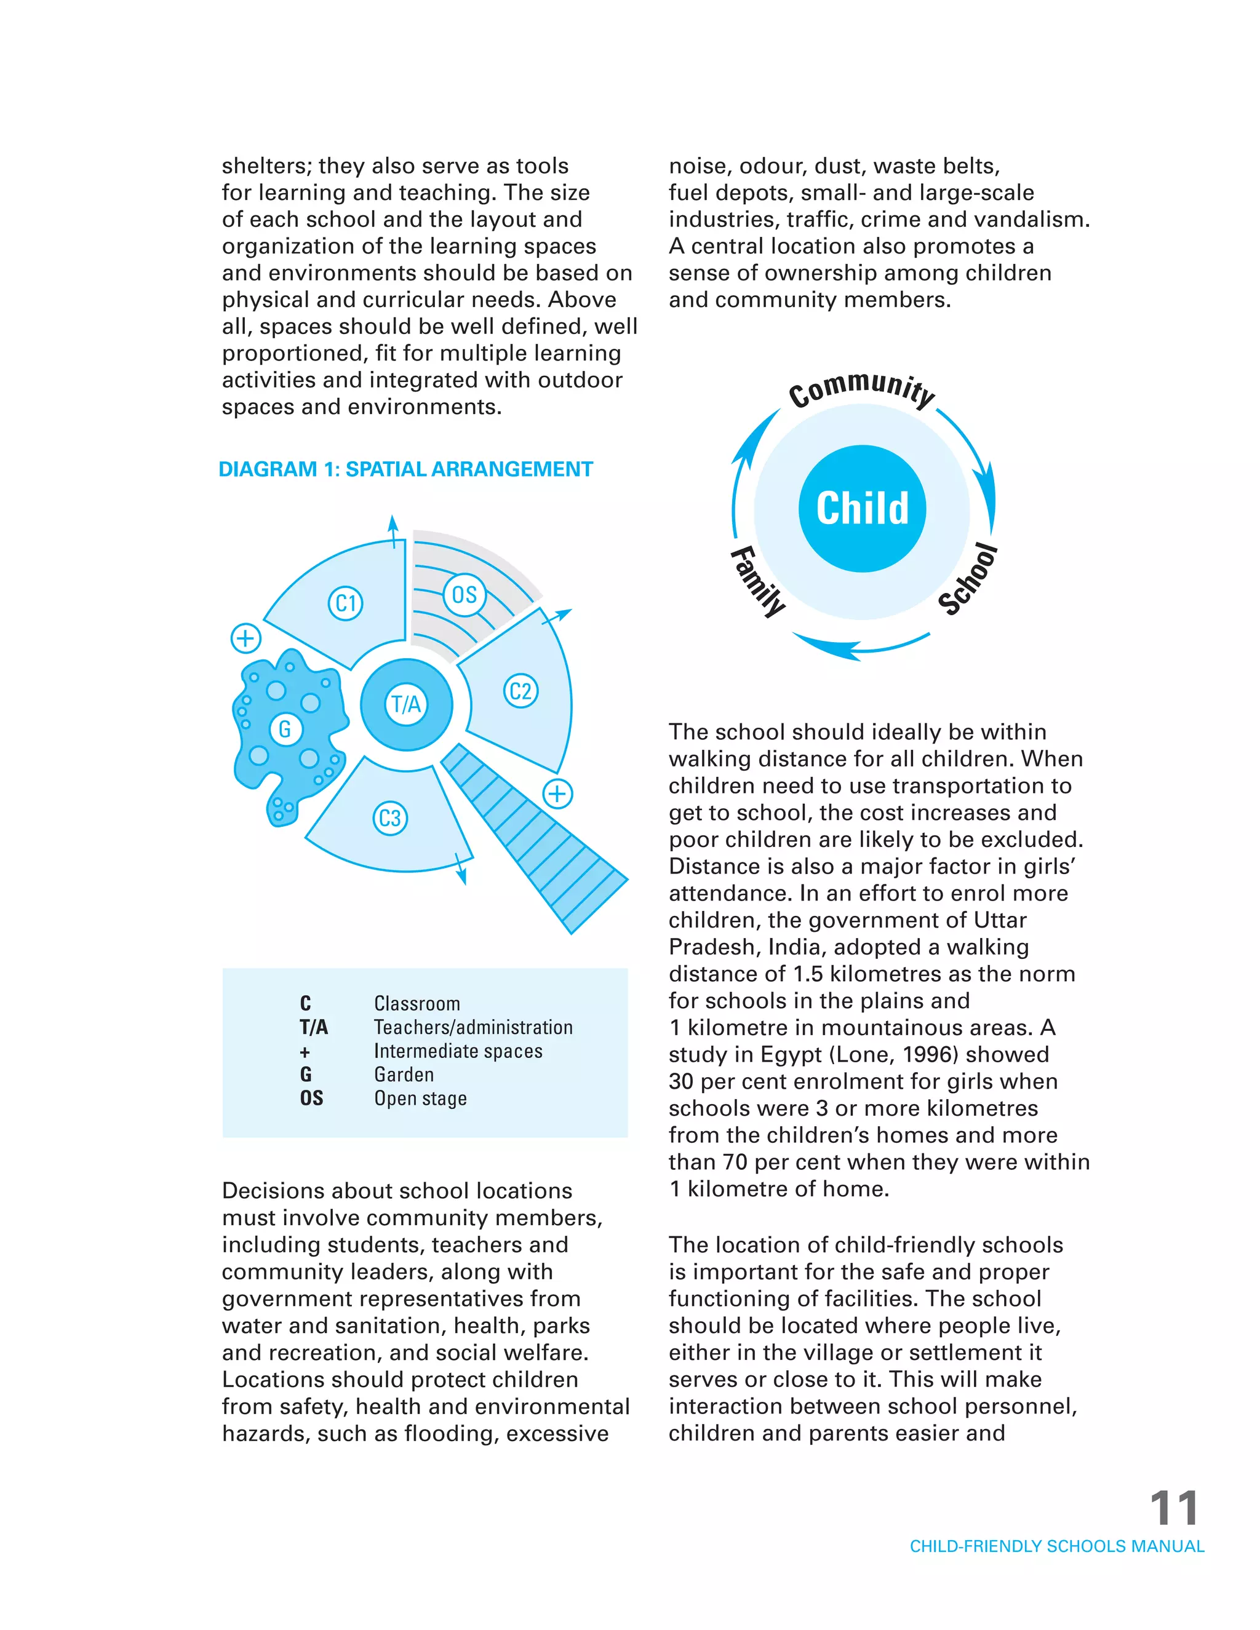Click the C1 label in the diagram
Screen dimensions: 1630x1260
346,603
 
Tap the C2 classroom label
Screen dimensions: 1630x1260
520,691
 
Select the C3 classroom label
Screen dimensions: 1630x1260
389,818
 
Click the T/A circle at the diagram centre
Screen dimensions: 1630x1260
406,704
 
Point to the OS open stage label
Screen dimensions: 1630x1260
465,595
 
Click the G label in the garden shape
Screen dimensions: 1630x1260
285,729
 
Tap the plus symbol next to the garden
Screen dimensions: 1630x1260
245,638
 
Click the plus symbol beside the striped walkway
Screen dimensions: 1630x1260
557,793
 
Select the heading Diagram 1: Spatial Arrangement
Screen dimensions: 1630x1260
405,469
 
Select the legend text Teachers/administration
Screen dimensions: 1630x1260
473,1028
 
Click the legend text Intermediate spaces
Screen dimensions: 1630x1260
458,1052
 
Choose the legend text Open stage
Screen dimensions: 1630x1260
420,1099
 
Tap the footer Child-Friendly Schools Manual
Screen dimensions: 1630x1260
1056,1546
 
